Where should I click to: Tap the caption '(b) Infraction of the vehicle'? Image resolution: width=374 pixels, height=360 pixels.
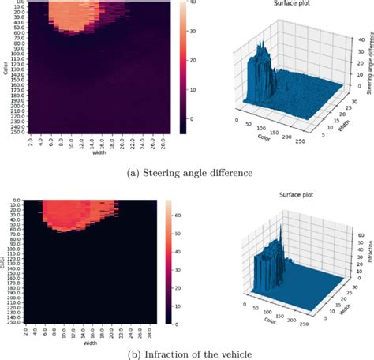[187, 354]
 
